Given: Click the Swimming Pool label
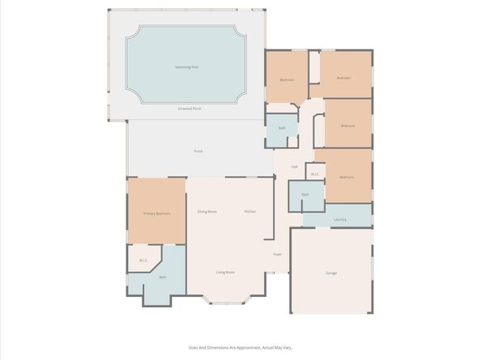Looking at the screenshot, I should (188, 66).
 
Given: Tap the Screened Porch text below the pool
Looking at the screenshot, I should (190, 108).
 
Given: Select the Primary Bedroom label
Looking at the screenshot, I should (156, 214).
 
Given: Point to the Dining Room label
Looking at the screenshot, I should (207, 211).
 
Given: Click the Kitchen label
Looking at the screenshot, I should (250, 211).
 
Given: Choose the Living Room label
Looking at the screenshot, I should (225, 273).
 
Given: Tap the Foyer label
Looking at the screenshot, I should (277, 254).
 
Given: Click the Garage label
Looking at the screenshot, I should (331, 273).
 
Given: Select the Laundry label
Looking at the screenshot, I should (340, 219).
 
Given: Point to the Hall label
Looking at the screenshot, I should (294, 167).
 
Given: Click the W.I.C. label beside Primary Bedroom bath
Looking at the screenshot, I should (143, 260).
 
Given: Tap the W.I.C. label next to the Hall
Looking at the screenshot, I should (315, 174).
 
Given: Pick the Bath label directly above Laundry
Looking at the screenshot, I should (305, 195).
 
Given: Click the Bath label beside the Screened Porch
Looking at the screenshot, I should (282, 128).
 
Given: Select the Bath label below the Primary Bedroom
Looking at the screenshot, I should (162, 277).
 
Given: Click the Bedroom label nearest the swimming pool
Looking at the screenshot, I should (287, 79).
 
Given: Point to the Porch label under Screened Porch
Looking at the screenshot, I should (198, 151).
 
